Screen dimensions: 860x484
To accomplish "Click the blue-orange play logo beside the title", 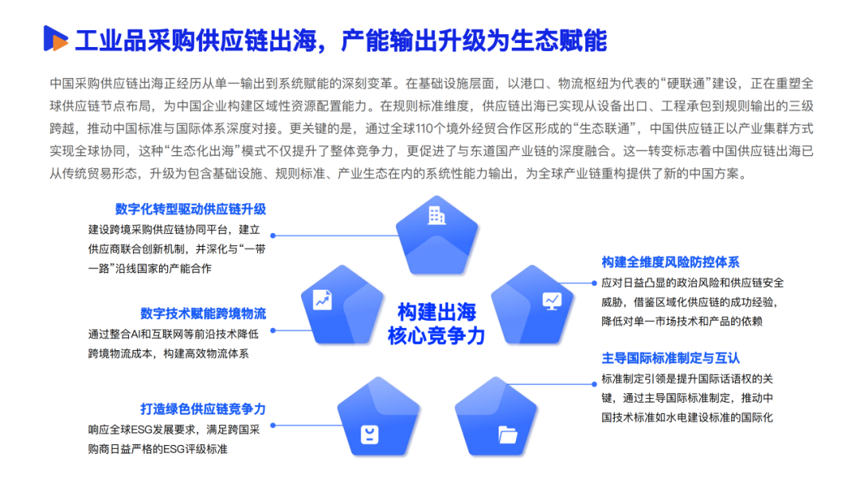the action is coord(55,38).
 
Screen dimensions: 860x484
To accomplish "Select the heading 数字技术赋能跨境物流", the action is coord(202,314).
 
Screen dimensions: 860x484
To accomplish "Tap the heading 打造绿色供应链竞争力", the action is coord(202,409).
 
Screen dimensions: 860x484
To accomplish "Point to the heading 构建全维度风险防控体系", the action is coord(670,262).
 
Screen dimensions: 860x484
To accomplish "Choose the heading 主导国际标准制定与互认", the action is coord(670,358).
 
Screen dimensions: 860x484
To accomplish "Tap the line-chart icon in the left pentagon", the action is coord(322,299).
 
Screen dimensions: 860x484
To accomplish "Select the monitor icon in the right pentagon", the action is coord(551,300).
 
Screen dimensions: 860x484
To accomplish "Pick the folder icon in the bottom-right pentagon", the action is coord(507,435).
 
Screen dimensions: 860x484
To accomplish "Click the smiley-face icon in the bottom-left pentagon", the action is coord(369,435).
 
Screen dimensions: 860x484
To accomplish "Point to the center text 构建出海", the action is coord(436,311).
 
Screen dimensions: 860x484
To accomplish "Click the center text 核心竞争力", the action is coord(436,336).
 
